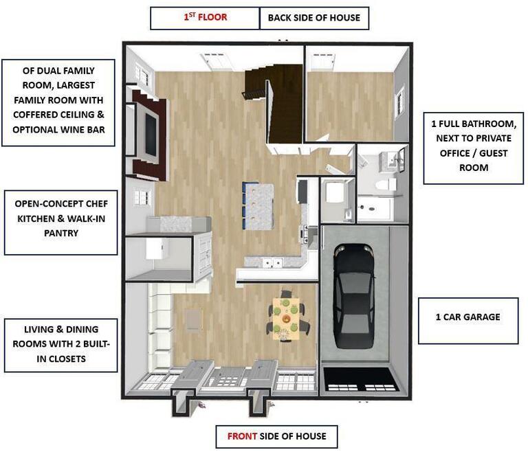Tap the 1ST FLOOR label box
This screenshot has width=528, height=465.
point(204,18)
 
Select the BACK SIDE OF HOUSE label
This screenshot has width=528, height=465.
point(313,18)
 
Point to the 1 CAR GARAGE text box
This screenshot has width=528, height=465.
point(468,317)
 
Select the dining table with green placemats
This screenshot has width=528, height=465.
point(285,318)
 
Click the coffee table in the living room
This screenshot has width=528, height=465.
point(195,319)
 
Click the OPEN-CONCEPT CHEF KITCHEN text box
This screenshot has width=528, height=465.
point(60,214)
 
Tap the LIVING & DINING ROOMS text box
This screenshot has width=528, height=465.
point(60,345)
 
